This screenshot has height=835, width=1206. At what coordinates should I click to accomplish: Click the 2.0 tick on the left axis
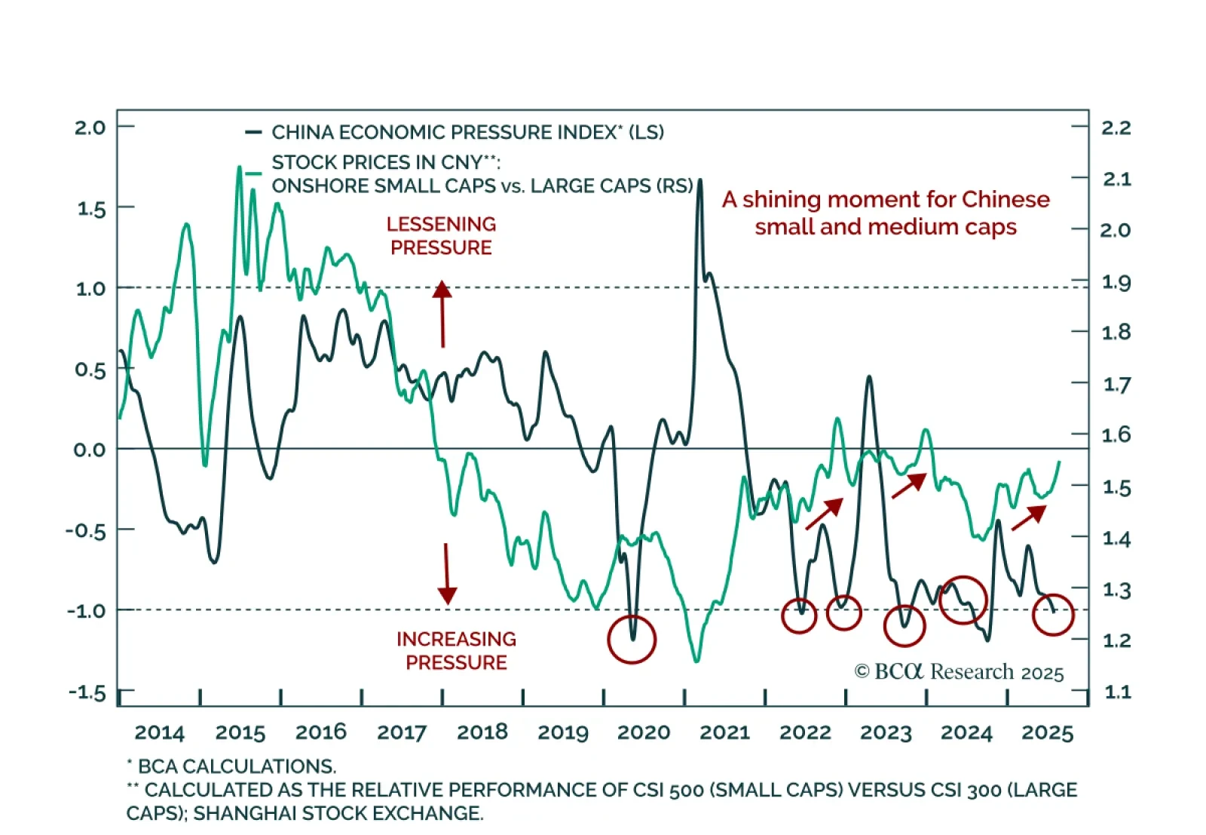[x=90, y=127]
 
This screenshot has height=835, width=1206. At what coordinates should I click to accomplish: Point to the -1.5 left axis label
[x=87, y=692]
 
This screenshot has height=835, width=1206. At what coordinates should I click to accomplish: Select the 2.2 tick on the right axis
[x=1116, y=127]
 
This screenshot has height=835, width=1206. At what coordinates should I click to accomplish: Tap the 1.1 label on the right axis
[x=1116, y=692]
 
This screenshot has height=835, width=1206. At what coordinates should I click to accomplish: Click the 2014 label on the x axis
[x=159, y=732]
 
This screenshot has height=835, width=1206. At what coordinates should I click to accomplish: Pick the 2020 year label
[x=644, y=732]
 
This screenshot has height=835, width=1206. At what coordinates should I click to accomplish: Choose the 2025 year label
[x=1047, y=732]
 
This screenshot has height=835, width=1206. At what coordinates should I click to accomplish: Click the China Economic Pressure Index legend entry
[x=467, y=133]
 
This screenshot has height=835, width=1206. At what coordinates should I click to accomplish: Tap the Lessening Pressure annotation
[x=441, y=235]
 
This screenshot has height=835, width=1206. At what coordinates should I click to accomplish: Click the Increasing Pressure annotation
[x=456, y=650]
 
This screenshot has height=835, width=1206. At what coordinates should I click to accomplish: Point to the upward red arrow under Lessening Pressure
[x=442, y=314]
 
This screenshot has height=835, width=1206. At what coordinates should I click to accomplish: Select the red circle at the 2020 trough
[x=632, y=639]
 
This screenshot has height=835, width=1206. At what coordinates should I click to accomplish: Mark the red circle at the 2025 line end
[x=1052, y=614]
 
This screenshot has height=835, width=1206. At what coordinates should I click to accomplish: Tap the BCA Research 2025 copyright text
[x=959, y=671]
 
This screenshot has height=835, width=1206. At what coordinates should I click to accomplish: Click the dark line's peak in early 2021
[x=700, y=181]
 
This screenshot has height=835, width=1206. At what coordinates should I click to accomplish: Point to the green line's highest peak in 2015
[x=239, y=167]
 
